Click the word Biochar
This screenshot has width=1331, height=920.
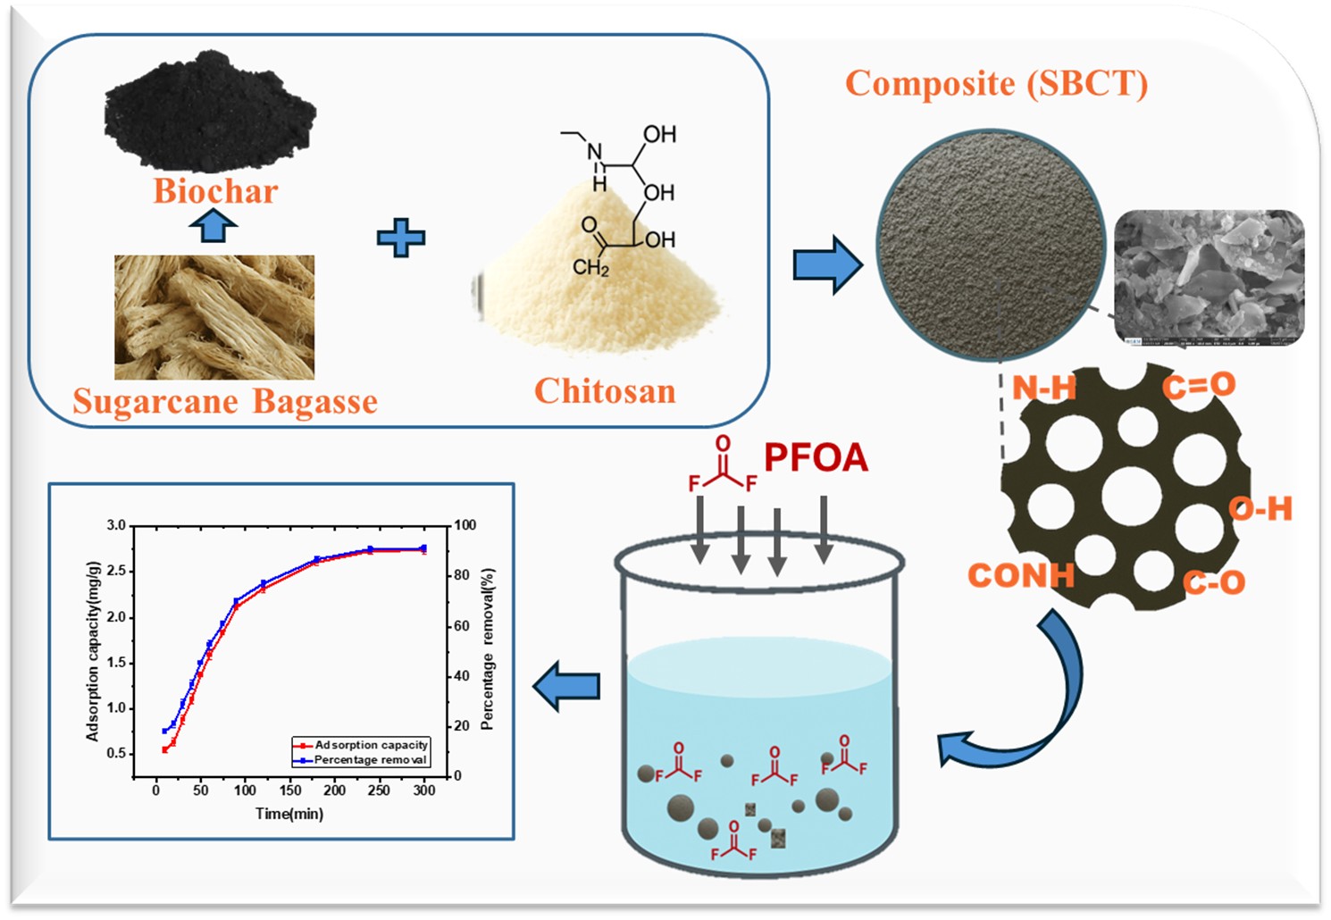point(215,191)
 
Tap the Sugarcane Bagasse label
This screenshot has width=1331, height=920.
point(225,402)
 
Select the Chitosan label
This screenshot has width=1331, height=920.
point(605,391)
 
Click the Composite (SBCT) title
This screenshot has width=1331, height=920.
point(996,83)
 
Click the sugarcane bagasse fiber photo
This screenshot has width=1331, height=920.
point(214,317)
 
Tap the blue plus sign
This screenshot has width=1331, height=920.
point(401,238)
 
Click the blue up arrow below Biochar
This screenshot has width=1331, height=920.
point(213,225)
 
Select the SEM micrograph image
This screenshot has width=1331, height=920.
point(1210,277)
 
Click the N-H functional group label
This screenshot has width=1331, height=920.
point(1043,389)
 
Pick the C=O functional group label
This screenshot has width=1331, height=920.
point(1199,386)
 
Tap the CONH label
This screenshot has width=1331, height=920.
point(1021,576)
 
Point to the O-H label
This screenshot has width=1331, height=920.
point(1260,509)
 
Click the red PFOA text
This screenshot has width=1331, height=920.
point(816,457)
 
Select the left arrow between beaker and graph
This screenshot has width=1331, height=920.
point(566,686)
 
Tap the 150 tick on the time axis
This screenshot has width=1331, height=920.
point(290,790)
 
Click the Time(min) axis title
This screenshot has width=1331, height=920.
point(289,814)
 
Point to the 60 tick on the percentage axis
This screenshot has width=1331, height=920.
point(462,625)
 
